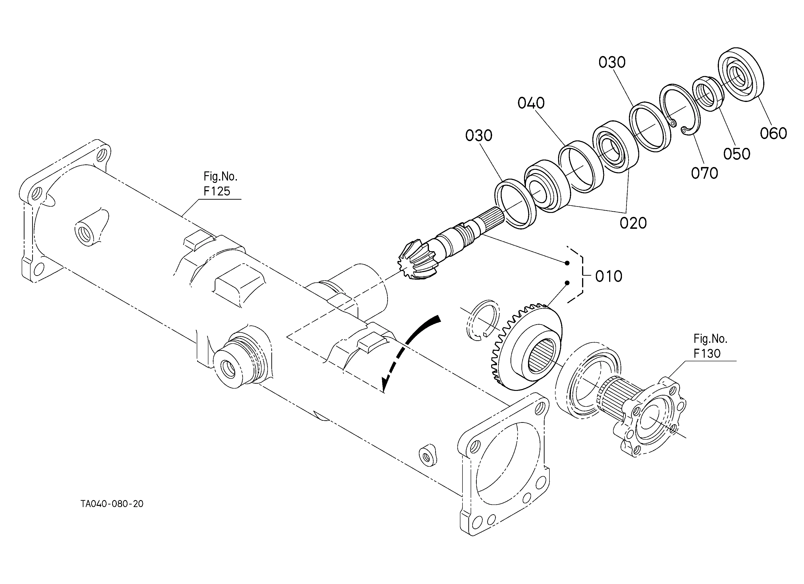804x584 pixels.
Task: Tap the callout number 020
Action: coord(633,223)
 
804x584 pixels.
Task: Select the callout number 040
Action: coord(531,103)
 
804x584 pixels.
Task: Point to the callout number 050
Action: coord(737,154)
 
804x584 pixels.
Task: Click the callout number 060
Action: coord(773,133)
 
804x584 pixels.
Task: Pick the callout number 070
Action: coord(704,173)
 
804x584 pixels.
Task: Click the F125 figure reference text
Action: coord(217,191)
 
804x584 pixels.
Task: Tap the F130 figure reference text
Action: coord(707,354)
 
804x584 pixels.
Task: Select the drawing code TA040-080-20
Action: coord(112,504)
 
